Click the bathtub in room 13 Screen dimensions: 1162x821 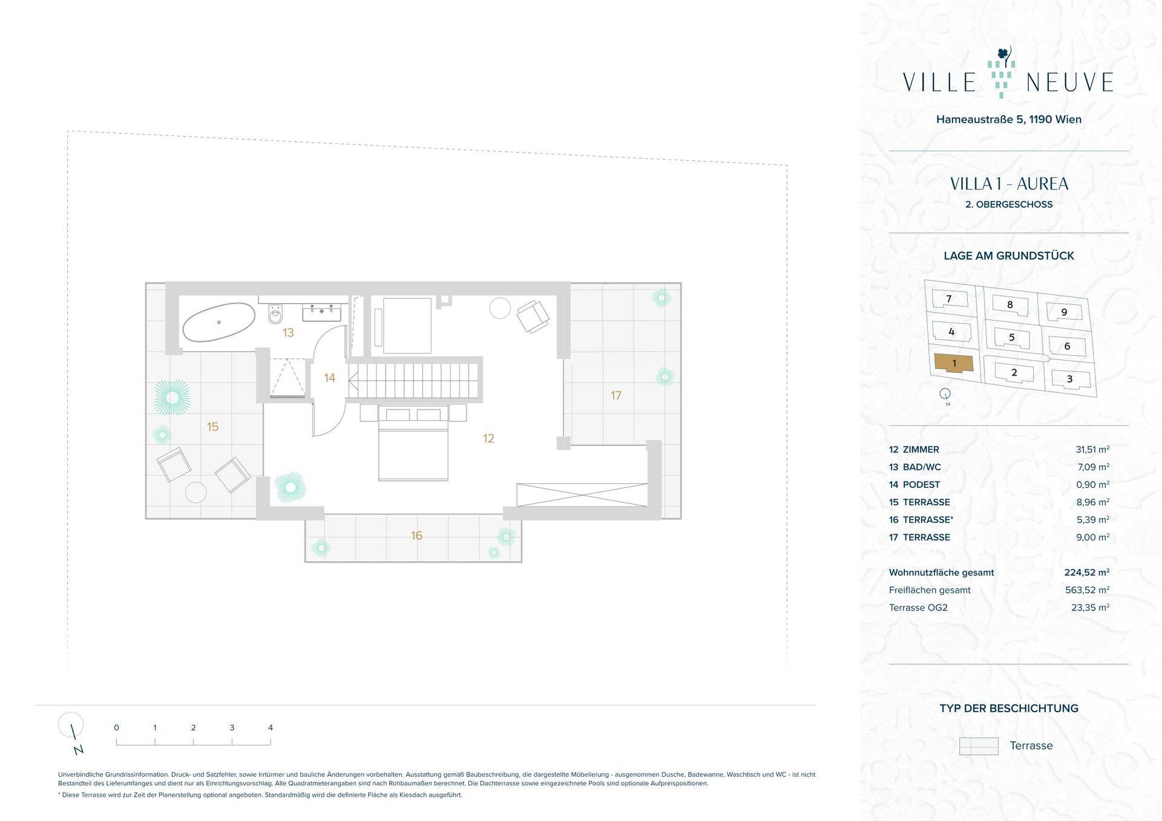(219, 322)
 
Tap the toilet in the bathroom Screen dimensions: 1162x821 (276, 313)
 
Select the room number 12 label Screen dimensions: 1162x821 (488, 439)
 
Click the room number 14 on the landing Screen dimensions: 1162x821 (329, 378)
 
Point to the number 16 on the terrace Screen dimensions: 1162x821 (416, 535)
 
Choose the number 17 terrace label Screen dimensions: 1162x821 (615, 396)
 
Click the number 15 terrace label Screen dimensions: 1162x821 (212, 427)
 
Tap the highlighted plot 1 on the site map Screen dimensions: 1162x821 (954, 363)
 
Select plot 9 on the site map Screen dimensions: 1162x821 (1064, 312)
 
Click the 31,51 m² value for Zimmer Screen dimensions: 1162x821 (1092, 450)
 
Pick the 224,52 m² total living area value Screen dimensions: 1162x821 (1087, 572)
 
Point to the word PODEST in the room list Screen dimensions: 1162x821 (921, 485)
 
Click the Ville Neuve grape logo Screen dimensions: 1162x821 (1001, 74)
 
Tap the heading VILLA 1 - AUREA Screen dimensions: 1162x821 (1009, 184)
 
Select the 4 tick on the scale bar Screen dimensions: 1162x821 (271, 728)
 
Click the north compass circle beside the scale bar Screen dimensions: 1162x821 (71, 724)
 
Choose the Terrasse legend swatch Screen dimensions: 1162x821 (979, 746)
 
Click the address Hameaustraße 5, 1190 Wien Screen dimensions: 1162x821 (1009, 119)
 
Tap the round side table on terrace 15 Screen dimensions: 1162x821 (196, 492)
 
